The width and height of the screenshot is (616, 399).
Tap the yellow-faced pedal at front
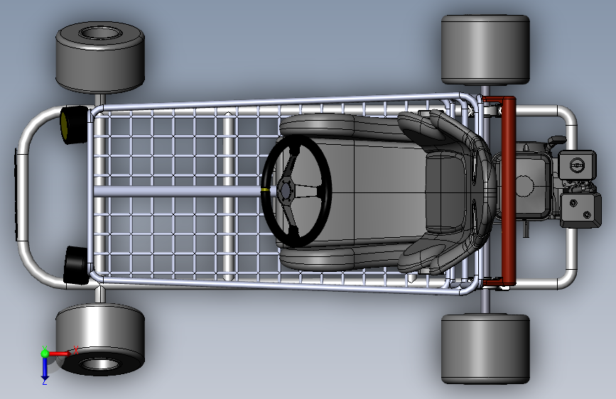(72, 125)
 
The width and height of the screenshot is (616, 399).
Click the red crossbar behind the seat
(509, 190)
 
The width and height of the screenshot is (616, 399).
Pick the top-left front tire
(100, 57)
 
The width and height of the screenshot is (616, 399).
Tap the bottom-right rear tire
(485, 348)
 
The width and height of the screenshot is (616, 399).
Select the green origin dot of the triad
(45, 353)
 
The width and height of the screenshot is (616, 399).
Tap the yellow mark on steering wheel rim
(266, 190)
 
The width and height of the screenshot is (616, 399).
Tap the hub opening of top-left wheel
(99, 33)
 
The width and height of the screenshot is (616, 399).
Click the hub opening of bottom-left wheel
(99, 364)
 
